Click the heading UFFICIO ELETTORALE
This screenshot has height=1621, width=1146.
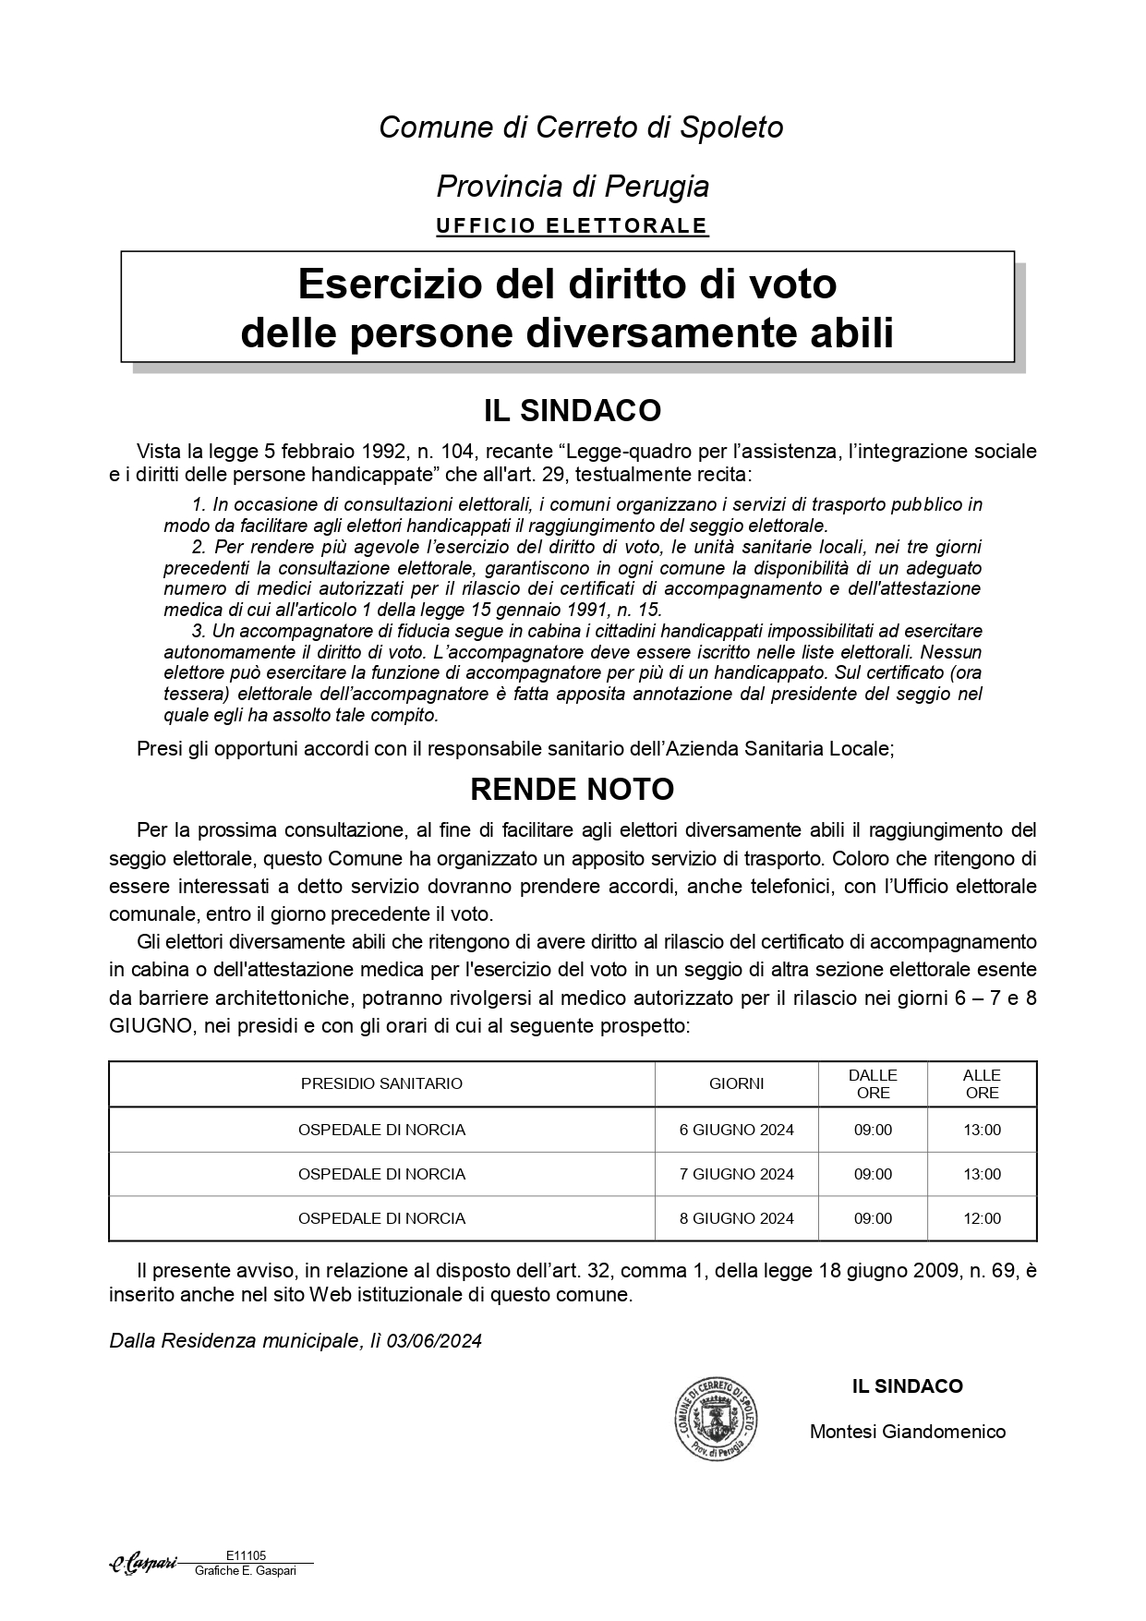click(572, 225)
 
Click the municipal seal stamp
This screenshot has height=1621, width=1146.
click(715, 1418)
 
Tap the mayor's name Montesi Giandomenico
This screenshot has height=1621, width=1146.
click(907, 1432)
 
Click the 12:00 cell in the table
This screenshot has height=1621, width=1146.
click(982, 1218)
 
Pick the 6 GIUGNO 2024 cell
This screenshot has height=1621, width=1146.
click(736, 1130)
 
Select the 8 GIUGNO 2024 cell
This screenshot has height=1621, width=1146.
click(736, 1218)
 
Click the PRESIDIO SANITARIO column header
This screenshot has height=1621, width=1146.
click(381, 1083)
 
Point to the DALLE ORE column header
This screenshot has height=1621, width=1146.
click(873, 1083)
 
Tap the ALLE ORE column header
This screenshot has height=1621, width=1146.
click(982, 1083)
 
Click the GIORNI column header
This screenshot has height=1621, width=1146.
click(736, 1083)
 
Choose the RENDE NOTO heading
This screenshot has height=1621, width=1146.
click(572, 790)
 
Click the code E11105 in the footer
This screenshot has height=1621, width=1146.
click(246, 1555)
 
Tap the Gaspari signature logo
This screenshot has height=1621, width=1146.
click(143, 1564)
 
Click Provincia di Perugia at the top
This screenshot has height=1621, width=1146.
click(573, 187)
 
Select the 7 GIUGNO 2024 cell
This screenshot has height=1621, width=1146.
click(736, 1174)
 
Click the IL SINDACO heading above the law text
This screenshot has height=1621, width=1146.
click(572, 410)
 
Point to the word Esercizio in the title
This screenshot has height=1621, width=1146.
click(372, 284)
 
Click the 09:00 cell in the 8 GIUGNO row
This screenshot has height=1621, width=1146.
click(873, 1218)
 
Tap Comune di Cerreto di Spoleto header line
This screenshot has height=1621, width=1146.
click(581, 127)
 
